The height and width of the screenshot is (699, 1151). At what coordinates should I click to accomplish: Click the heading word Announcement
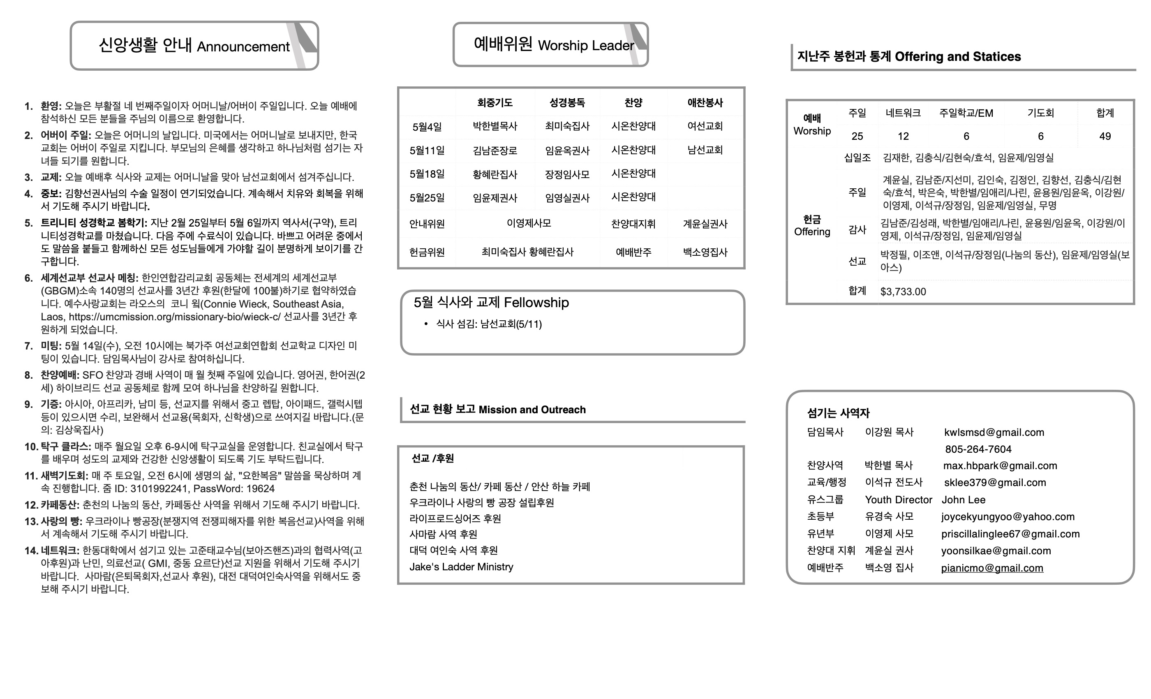[x=243, y=47]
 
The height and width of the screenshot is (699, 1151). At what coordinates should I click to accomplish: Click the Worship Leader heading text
[x=586, y=45]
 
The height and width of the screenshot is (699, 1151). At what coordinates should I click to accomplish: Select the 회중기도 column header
[x=495, y=102]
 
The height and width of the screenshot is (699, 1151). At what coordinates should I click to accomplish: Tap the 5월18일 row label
[x=427, y=174]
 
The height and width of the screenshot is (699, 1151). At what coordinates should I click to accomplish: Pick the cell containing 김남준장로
[x=495, y=150]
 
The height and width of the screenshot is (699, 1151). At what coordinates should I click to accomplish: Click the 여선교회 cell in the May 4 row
[x=705, y=126]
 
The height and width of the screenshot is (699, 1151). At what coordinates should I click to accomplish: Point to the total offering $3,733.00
[x=903, y=292]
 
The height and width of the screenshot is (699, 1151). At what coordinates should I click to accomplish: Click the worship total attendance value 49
[x=1105, y=136]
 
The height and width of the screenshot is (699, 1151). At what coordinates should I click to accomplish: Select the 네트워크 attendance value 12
[x=903, y=136]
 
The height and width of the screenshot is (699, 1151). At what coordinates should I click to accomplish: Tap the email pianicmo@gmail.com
[x=992, y=568]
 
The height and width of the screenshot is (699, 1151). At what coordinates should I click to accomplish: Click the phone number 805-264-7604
[x=978, y=449]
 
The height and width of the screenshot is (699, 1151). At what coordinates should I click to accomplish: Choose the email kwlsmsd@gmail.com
[x=994, y=432]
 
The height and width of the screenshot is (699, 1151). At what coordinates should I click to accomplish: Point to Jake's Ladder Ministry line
[x=461, y=567]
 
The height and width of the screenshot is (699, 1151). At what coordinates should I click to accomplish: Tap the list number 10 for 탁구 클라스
[x=31, y=446]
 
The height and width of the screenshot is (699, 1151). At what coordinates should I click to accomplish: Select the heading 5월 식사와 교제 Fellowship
[x=491, y=303]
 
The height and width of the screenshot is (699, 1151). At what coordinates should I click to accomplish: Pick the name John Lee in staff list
[x=963, y=500]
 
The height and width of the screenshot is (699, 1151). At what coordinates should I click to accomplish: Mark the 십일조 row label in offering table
[x=857, y=157]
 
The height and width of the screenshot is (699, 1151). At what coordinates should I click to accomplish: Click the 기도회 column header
[x=1040, y=113]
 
